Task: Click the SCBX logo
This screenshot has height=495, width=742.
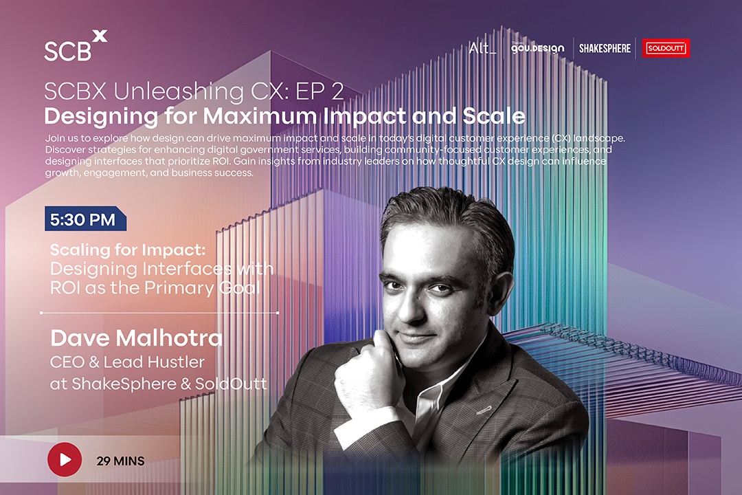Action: coord(76,46)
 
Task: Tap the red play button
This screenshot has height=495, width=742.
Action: coord(65,459)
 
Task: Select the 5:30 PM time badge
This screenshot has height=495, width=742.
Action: coord(85,219)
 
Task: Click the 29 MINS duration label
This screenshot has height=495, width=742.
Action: coord(121,461)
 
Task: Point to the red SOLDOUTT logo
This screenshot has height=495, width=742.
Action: coord(666,48)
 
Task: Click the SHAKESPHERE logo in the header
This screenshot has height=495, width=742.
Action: coord(605,48)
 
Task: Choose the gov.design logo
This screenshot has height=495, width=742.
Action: coord(537,48)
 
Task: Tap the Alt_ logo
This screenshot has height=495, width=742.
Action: coord(483,48)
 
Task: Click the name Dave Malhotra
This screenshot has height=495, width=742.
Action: coord(136,338)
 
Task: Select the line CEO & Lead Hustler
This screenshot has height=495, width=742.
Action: coord(127,362)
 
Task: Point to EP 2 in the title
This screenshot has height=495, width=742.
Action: coord(319,91)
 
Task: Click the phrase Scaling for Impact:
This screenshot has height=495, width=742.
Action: coord(128,250)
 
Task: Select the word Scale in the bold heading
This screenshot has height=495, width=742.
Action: coord(493,115)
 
